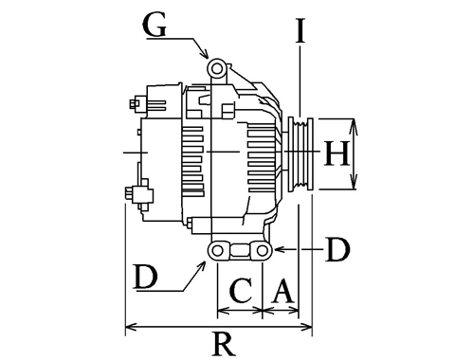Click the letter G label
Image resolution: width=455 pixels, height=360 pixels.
(x=155, y=25)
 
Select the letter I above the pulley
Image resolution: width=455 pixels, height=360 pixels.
(x=300, y=30)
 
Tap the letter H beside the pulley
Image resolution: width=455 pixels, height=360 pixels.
(x=337, y=153)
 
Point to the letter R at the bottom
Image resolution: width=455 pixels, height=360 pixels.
(x=225, y=343)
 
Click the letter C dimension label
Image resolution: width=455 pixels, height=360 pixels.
(x=242, y=290)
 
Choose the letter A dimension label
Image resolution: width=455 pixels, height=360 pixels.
(x=283, y=290)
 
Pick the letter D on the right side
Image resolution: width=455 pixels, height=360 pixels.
(x=337, y=249)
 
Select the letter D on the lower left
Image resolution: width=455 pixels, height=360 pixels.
(x=146, y=277)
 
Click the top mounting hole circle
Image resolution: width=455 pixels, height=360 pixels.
(x=217, y=68)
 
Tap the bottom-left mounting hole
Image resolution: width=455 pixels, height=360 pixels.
(x=218, y=251)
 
